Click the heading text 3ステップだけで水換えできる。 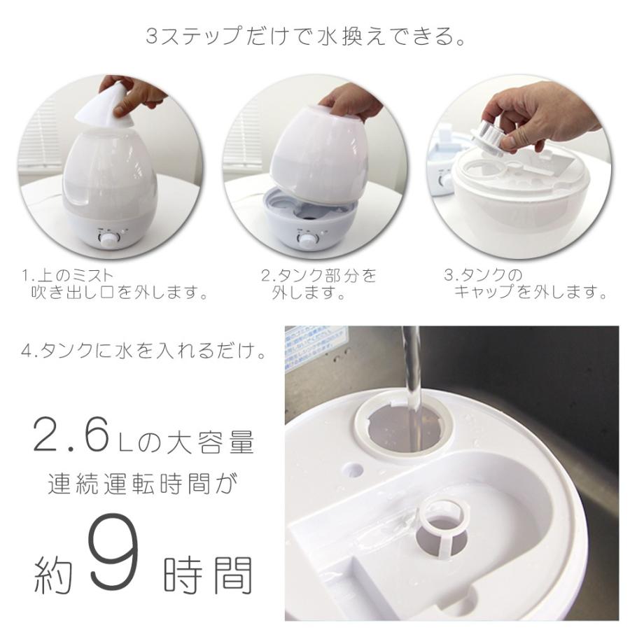(305, 36)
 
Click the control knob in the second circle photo (306, 240)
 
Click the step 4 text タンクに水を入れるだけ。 (143, 351)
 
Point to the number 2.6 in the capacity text (70, 436)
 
